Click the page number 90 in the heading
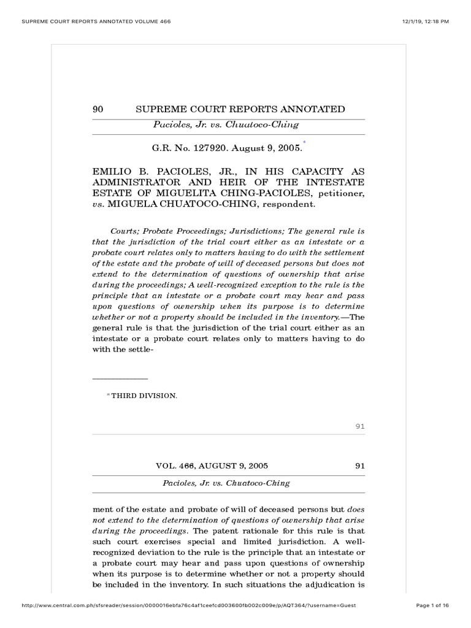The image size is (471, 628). point(97,109)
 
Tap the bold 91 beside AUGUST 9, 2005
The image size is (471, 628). point(360,465)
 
